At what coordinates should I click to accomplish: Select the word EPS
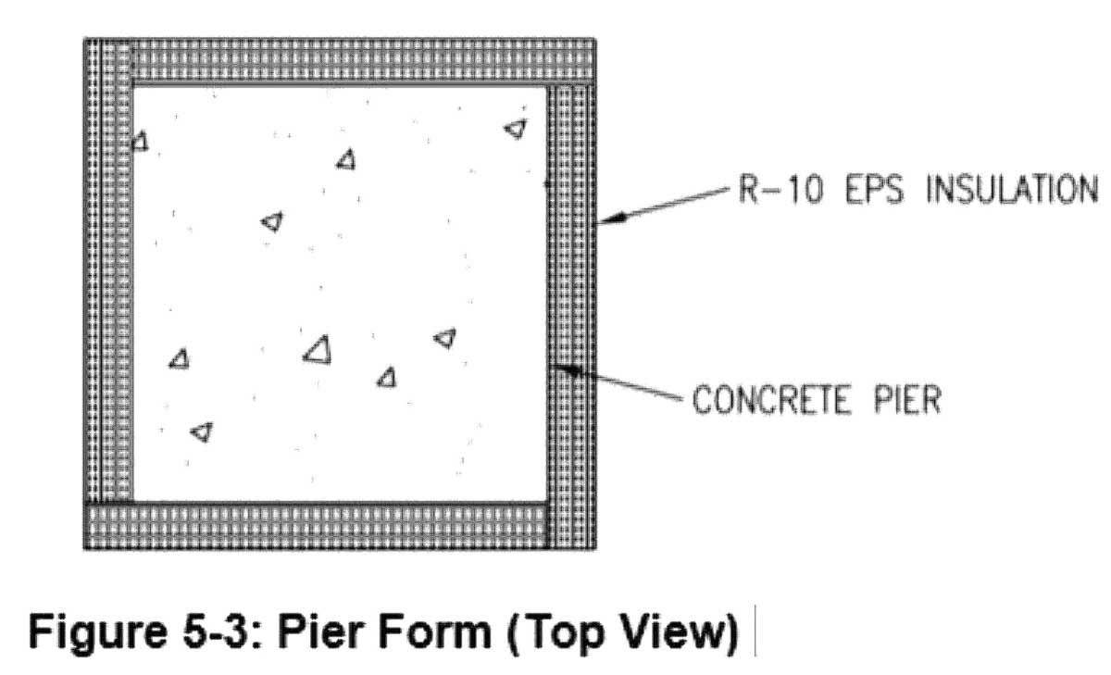[x=869, y=191]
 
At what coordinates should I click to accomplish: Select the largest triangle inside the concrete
[x=318, y=349]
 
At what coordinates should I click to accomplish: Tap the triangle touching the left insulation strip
[x=139, y=142]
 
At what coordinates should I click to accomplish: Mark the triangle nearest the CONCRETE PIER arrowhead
[x=445, y=338]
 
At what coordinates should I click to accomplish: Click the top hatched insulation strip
[x=361, y=62]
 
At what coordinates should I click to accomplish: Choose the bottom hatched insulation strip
[x=315, y=525]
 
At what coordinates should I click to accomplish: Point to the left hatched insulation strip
[x=108, y=278]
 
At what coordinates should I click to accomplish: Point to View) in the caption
[x=675, y=632]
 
